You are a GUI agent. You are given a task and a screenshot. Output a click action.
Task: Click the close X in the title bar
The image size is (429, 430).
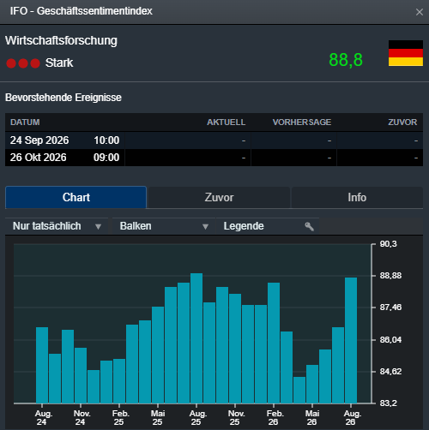[x=420, y=12]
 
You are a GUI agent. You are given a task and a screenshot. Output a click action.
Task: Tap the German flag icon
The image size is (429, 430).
[x=406, y=53]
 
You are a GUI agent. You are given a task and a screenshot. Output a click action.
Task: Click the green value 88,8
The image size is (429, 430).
[x=346, y=60]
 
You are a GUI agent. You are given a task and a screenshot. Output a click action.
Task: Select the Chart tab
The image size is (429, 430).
[x=76, y=197]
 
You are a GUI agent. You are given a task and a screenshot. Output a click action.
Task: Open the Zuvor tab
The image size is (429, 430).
[x=219, y=198]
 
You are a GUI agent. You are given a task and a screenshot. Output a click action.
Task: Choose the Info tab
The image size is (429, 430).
[x=357, y=198]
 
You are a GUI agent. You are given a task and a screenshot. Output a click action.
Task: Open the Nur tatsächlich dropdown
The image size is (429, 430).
[x=57, y=226]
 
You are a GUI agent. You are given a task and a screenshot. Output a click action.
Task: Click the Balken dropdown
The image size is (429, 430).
[x=164, y=226]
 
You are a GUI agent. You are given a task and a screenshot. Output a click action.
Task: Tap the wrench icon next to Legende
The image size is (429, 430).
[x=309, y=227]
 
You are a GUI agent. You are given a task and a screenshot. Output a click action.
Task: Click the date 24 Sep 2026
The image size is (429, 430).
[x=39, y=140]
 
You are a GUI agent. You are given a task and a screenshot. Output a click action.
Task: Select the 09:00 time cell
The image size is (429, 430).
[x=106, y=158]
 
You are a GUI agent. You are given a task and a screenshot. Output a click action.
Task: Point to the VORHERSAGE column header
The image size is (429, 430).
[x=302, y=122]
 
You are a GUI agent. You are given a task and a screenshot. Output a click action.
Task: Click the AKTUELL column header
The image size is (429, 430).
[x=226, y=122]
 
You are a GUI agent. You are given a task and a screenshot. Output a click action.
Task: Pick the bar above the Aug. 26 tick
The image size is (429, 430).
[x=351, y=340]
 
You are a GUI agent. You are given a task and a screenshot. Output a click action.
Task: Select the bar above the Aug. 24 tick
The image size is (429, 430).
[x=42, y=365]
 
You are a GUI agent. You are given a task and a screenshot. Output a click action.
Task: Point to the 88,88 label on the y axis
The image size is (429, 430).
[x=390, y=276]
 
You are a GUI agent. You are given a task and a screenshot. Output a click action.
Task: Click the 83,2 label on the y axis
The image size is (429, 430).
[x=389, y=403]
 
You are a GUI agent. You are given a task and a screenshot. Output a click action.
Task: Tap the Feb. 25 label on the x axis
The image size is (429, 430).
[x=120, y=418]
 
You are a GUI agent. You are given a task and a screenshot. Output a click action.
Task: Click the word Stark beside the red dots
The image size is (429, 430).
[x=59, y=63]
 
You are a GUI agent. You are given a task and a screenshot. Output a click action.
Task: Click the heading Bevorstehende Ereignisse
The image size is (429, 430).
[x=63, y=98]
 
